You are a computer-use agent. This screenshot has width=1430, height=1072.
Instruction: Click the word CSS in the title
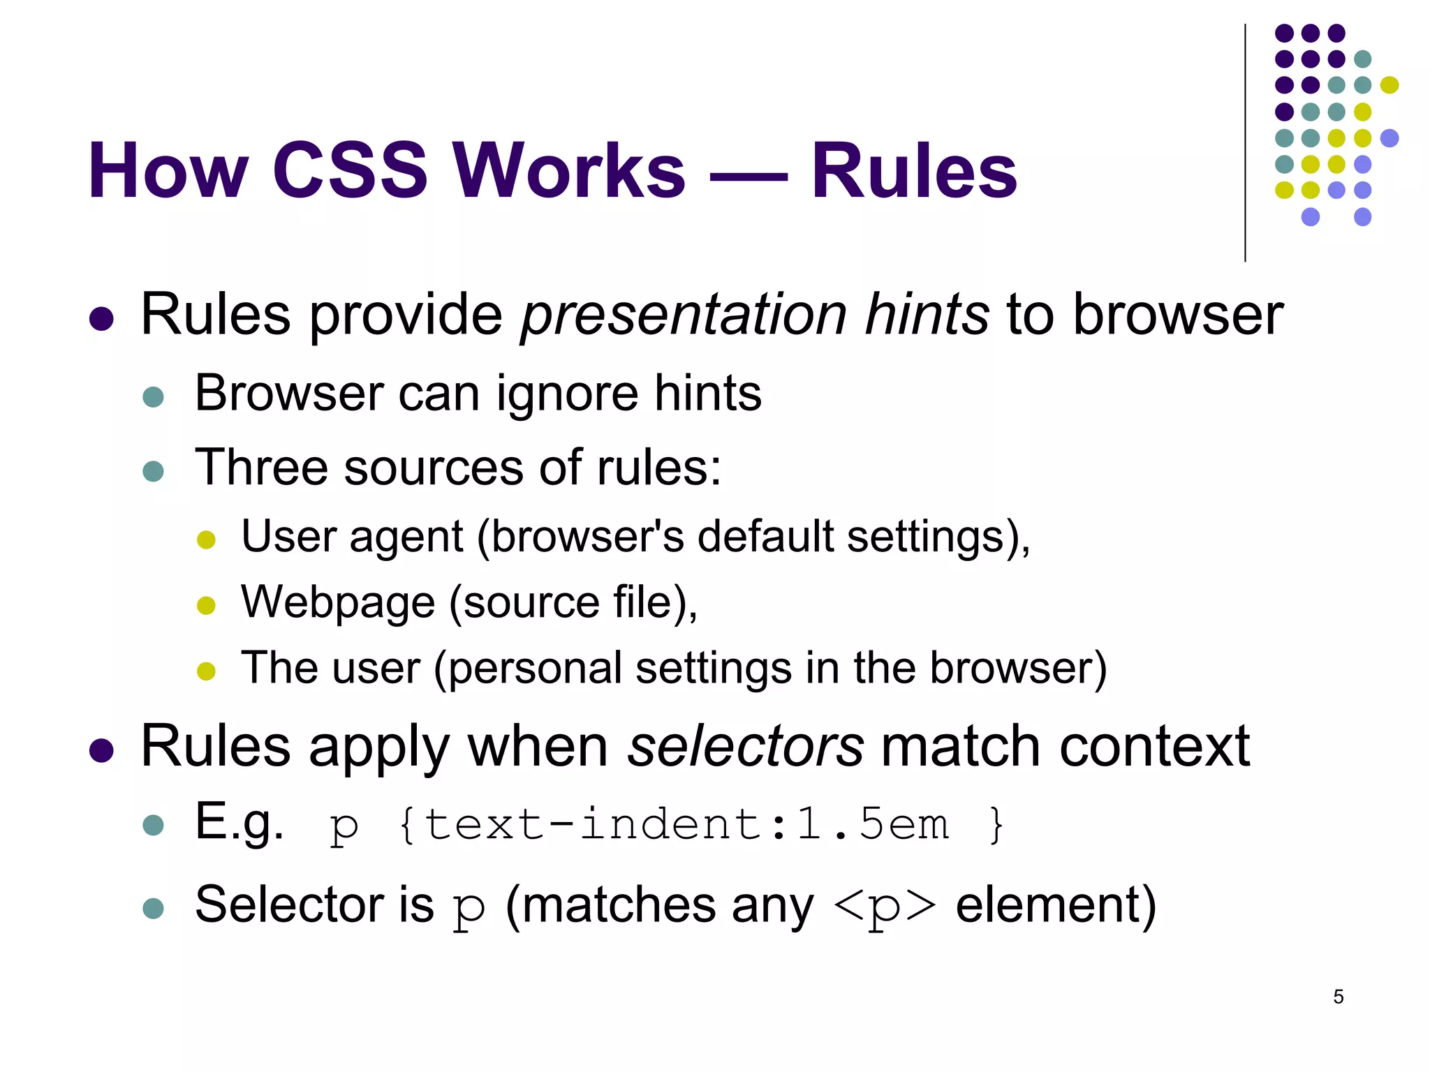tap(349, 171)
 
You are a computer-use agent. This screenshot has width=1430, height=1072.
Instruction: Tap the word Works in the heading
tap(569, 171)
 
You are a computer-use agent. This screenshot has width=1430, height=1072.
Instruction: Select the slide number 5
tap(1338, 997)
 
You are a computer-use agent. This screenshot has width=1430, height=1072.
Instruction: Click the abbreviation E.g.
tap(239, 824)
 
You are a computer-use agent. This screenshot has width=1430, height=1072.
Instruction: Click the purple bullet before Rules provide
tap(102, 319)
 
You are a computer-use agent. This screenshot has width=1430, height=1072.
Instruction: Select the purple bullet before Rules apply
tap(102, 751)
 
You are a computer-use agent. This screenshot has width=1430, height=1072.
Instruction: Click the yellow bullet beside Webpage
tap(206, 605)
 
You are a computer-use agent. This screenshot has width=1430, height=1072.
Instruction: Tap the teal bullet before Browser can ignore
tap(153, 397)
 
